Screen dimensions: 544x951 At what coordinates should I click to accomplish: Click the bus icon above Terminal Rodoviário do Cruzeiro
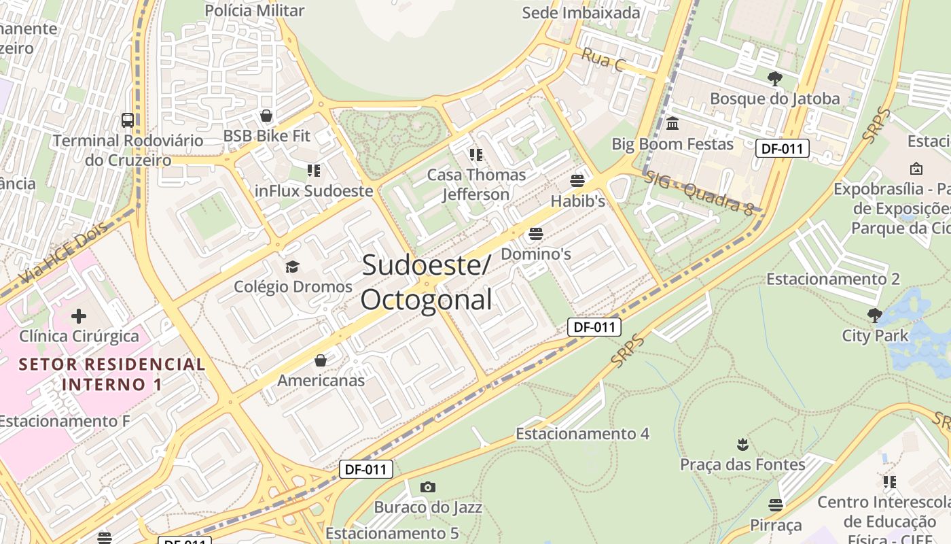[127, 120]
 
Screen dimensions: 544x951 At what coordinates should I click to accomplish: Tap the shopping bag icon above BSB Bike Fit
[266, 116]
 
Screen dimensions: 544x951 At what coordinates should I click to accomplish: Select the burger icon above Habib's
[577, 181]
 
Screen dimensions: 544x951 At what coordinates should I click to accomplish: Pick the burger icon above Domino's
[535, 234]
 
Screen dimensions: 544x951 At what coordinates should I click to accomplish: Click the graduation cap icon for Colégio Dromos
[292, 267]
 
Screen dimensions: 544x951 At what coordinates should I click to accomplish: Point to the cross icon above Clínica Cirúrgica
[79, 316]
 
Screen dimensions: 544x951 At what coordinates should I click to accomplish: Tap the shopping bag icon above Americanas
[321, 360]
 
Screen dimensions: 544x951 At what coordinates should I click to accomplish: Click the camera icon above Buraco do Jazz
[427, 487]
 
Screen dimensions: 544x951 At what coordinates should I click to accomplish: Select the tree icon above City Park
[875, 315]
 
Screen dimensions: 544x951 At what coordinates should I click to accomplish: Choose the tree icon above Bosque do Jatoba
[774, 78]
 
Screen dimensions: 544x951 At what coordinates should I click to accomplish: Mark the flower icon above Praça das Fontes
[742, 445]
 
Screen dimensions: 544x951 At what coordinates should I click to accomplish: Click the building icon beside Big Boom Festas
[673, 124]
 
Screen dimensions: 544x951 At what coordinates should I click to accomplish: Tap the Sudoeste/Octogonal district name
[426, 282]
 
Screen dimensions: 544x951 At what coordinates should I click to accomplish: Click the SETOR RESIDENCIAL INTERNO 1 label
[112, 374]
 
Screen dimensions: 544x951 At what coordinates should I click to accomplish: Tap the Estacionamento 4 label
[582, 433]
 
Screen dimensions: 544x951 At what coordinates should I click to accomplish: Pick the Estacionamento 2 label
[833, 279]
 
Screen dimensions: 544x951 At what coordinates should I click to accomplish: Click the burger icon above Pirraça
[776, 505]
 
